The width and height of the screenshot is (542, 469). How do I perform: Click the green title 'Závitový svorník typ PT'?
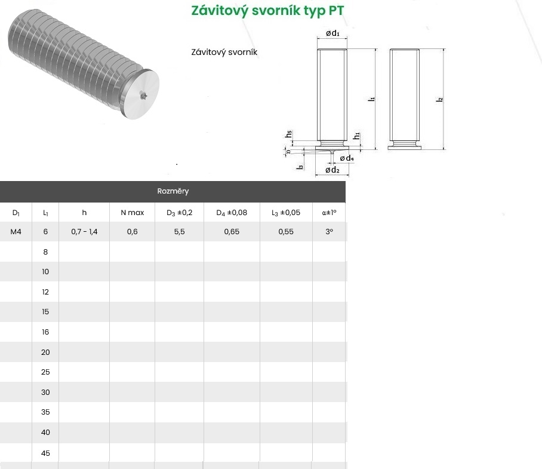[267, 11]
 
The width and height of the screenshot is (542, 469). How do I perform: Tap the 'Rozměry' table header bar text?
[173, 191]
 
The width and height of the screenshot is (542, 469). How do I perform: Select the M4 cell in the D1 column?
[16, 232]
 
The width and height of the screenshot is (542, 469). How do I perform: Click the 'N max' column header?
[133, 213]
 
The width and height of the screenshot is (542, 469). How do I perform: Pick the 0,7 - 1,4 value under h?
[84, 232]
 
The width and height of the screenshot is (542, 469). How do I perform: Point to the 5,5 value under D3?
[180, 232]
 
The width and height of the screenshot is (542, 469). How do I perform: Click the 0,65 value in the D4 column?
[232, 232]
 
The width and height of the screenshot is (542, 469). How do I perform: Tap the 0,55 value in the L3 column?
[286, 232]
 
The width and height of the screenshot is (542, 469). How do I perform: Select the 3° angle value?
[329, 232]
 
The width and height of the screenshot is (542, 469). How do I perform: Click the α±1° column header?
[329, 213]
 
